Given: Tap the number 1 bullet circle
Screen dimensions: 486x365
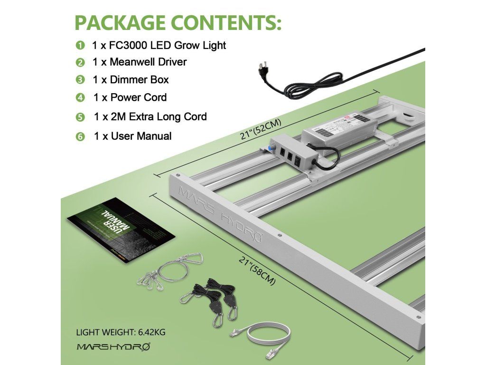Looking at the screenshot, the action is [80, 46].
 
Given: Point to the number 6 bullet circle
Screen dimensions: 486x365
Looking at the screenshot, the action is [80, 137].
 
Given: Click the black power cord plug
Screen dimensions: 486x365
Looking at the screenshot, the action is [262, 71].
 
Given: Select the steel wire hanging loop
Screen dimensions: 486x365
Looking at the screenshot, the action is [171, 270].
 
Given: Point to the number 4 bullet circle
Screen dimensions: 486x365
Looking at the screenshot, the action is [80, 98].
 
